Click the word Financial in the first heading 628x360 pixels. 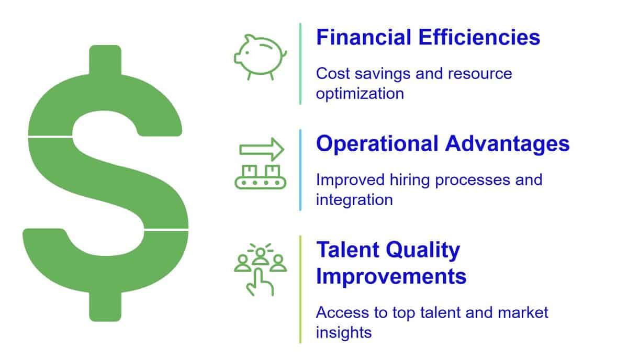pos(364,37)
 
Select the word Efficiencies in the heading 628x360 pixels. pos(479,37)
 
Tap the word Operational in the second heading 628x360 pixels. pos(377,143)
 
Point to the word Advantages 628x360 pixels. pos(507,144)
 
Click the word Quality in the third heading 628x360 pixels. pos(423,250)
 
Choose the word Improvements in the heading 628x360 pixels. pos(391,277)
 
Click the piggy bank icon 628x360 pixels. pos(260,57)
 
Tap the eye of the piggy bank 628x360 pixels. pos(247,52)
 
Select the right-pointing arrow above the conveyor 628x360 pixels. pos(262,150)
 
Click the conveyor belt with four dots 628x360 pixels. pos(261,183)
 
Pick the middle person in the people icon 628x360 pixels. pos(261,256)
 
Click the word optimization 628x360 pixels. pos(360,94)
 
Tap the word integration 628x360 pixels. pos(354,200)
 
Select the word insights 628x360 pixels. pos(344,333)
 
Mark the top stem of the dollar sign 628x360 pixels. pos(105,60)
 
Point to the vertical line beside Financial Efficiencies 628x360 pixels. pos(300,64)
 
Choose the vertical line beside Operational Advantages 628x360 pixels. pos(300,170)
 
